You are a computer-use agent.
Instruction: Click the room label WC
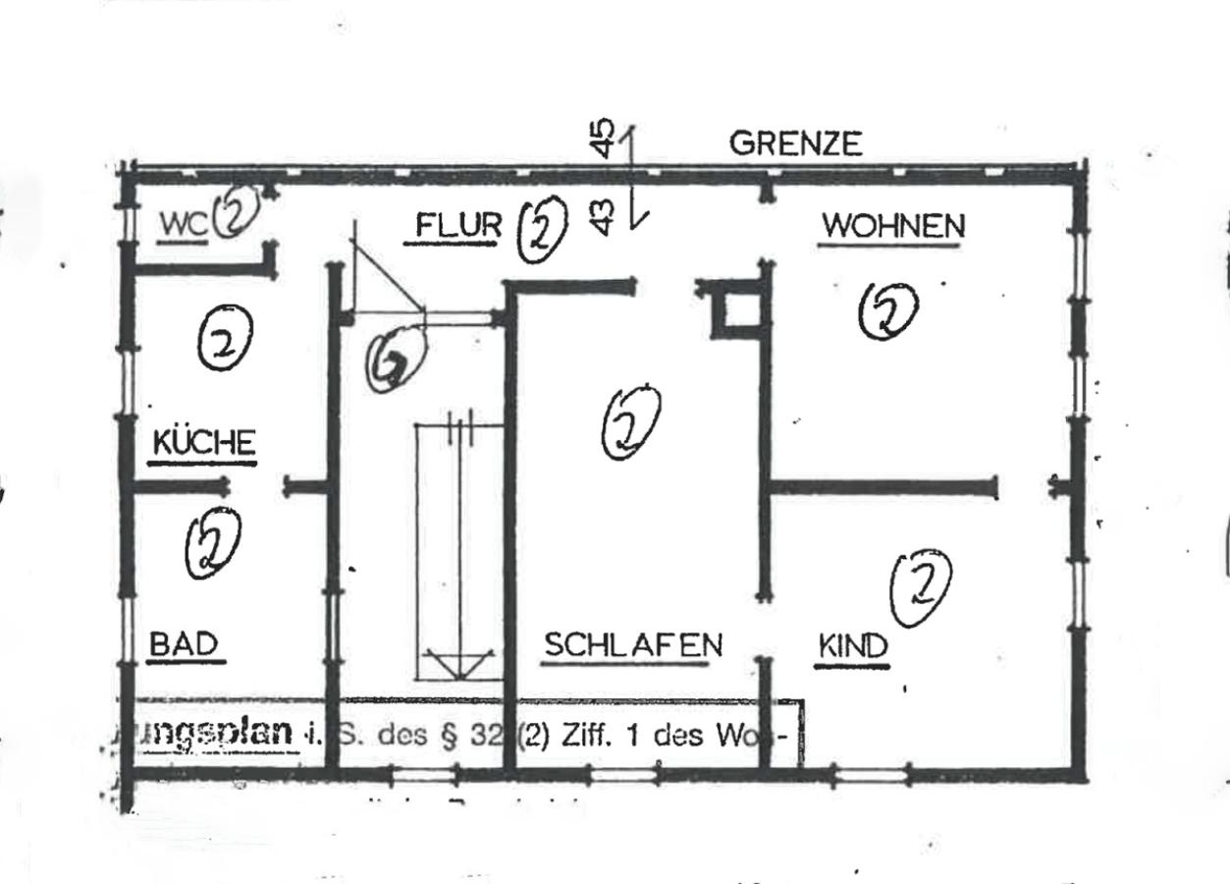coord(184,225)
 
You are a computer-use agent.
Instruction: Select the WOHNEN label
coord(892,227)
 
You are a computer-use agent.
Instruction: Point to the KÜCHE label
coord(203,443)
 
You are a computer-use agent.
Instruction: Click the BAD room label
coord(184,644)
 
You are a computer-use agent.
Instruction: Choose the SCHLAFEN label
coord(632,645)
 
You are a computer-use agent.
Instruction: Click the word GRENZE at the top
coord(795,144)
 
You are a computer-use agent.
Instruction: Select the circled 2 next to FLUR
coord(542,230)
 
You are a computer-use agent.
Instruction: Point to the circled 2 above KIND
coord(920,586)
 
